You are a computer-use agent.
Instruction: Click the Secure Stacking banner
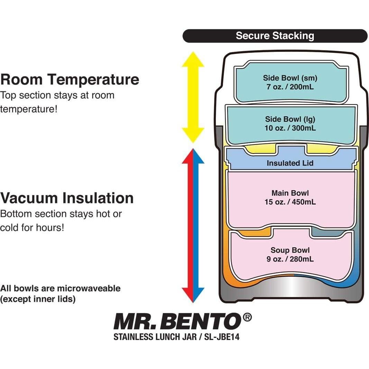click(275, 36)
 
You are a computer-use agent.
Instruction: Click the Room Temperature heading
click(70, 79)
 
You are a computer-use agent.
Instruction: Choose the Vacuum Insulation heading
click(67, 198)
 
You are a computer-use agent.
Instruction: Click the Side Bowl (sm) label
click(290, 78)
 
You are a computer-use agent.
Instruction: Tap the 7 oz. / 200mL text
click(290, 87)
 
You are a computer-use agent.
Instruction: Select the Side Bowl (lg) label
click(290, 119)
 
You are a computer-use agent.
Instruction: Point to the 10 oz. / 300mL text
click(290, 128)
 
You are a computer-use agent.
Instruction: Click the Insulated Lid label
click(290, 163)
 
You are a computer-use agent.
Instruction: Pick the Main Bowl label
click(290, 193)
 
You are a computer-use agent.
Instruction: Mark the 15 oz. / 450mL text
click(290, 202)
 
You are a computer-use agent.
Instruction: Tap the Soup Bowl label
click(290, 250)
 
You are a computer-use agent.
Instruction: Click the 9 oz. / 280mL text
click(290, 259)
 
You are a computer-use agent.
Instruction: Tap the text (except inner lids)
click(38, 299)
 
